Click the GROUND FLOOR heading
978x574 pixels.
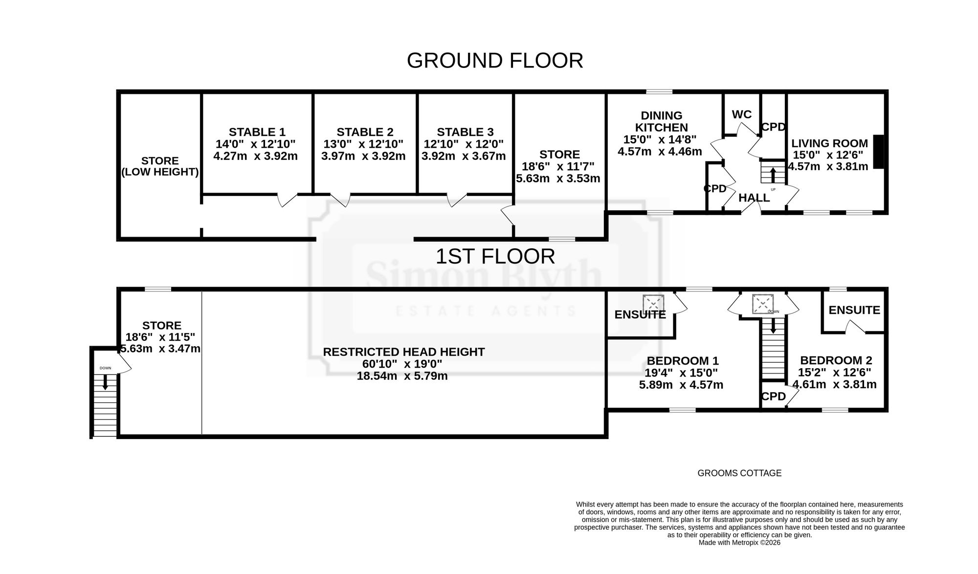click(x=495, y=61)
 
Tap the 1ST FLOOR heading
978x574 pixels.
click(x=495, y=257)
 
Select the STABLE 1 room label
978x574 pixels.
click(x=257, y=132)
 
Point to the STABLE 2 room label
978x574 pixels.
click(x=365, y=132)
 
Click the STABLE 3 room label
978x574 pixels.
click(x=465, y=132)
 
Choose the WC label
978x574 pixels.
click(x=742, y=114)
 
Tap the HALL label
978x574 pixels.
click(x=754, y=198)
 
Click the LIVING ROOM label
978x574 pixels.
click(x=830, y=143)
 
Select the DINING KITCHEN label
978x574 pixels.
click(x=662, y=121)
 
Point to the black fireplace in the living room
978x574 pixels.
click(x=879, y=152)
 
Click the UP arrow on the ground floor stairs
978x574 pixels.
click(x=773, y=175)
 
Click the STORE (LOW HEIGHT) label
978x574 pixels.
click(x=160, y=166)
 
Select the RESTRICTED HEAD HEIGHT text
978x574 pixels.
click(x=404, y=352)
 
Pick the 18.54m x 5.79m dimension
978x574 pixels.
click(x=402, y=376)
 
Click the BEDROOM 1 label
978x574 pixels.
click(x=683, y=361)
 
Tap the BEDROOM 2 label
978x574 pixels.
click(x=836, y=360)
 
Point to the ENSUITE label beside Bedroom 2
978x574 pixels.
click(x=854, y=310)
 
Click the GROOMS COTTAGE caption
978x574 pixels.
click(x=739, y=473)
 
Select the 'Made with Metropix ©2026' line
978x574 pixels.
click(x=739, y=542)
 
